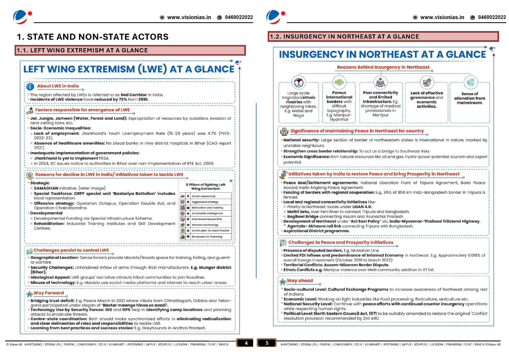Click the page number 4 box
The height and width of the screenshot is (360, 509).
click(x=246, y=343)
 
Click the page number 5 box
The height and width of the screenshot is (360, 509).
click(x=267, y=343)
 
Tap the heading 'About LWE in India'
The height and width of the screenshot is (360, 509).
click(x=58, y=86)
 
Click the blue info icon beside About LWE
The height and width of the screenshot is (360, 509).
click(x=30, y=86)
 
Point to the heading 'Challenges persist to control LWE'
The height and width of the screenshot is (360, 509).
click(x=71, y=250)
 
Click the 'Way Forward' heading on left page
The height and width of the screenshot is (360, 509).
click(x=49, y=293)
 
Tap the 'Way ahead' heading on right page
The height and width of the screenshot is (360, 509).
click(x=300, y=281)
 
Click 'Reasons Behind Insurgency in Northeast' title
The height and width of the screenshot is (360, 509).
click(x=383, y=67)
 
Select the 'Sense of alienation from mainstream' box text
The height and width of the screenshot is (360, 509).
click(x=470, y=98)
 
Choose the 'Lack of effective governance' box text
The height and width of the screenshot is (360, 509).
click(x=427, y=100)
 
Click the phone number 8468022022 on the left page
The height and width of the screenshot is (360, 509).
click(x=239, y=17)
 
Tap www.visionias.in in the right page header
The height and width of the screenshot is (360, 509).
click(x=442, y=17)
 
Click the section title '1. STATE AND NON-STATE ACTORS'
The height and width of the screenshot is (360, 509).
click(x=93, y=37)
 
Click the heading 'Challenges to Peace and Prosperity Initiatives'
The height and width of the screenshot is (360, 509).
click(x=341, y=242)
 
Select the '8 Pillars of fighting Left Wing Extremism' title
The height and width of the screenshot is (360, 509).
click(x=206, y=186)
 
